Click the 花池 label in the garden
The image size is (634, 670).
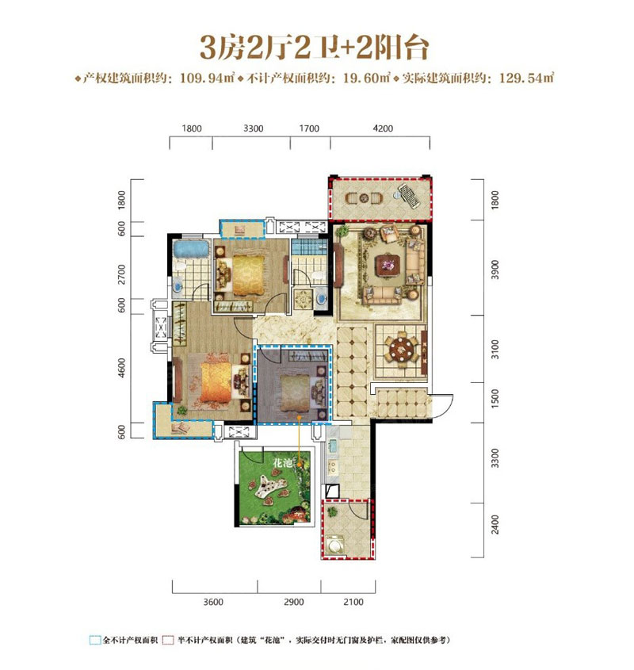tap(282, 463)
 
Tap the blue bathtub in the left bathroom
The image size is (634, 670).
tap(191, 250)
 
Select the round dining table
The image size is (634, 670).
tap(402, 349)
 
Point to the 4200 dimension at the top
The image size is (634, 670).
tap(383, 128)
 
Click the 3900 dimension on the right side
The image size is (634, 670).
tap(495, 270)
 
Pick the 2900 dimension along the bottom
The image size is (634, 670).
tap(293, 602)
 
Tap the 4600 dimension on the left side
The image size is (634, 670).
tap(122, 367)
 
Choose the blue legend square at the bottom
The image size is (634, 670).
tap(95, 640)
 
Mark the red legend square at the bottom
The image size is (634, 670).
tap(168, 640)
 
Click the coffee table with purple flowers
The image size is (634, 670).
tap(388, 266)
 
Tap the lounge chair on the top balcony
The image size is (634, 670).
tap(409, 196)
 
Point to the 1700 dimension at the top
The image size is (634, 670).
tap(309, 128)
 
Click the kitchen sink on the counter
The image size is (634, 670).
tap(332, 447)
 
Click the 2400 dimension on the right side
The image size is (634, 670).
tap(495, 525)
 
